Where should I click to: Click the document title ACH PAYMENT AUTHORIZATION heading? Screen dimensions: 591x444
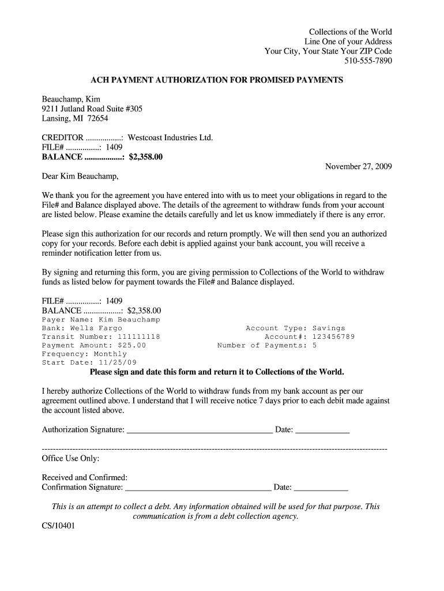pos(217,80)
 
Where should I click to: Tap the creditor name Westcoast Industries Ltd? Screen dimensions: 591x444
pos(170,137)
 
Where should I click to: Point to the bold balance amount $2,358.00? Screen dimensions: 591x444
pos(146,156)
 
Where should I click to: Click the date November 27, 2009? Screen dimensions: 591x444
pos(358,166)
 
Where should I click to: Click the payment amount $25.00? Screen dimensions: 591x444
pos(127,346)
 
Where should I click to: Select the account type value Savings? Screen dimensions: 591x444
pos(329,328)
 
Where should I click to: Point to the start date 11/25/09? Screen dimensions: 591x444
pos(118,363)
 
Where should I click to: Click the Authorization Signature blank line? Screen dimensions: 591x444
pos(199,431)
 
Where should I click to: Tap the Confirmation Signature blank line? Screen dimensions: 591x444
pos(198,488)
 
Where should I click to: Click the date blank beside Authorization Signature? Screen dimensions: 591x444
pos(322,431)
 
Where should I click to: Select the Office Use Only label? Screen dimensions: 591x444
pos(70,458)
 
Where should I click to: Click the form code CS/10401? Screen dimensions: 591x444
pos(58,526)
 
